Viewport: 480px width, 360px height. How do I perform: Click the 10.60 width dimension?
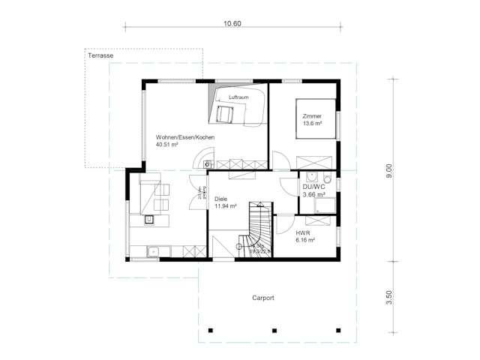[232, 24]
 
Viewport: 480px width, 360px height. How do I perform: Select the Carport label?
[263, 298]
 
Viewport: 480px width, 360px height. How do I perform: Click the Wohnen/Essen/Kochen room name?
[185, 138]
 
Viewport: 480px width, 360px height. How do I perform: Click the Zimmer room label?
[311, 116]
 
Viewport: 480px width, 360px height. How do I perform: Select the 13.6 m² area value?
[312, 124]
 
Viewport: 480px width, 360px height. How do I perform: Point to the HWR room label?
[302, 232]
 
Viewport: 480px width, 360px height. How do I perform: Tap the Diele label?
[221, 199]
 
